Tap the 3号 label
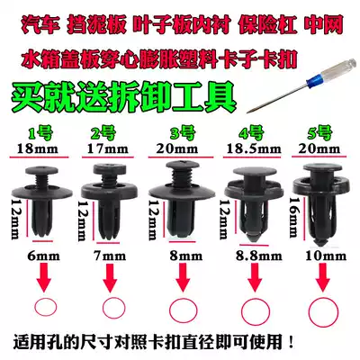click(x=182, y=133)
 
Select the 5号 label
click(x=319, y=132)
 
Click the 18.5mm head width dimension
click(x=254, y=148)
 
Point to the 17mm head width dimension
click(x=108, y=148)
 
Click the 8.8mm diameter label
click(x=258, y=256)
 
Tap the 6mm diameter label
click(x=43, y=256)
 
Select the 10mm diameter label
click(x=326, y=256)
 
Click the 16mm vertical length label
click(x=294, y=217)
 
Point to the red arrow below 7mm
click(x=110, y=277)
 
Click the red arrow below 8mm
click(x=183, y=277)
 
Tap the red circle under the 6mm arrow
click(x=46, y=307)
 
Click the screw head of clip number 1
click(x=41, y=171)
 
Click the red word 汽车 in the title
click(x=39, y=25)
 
